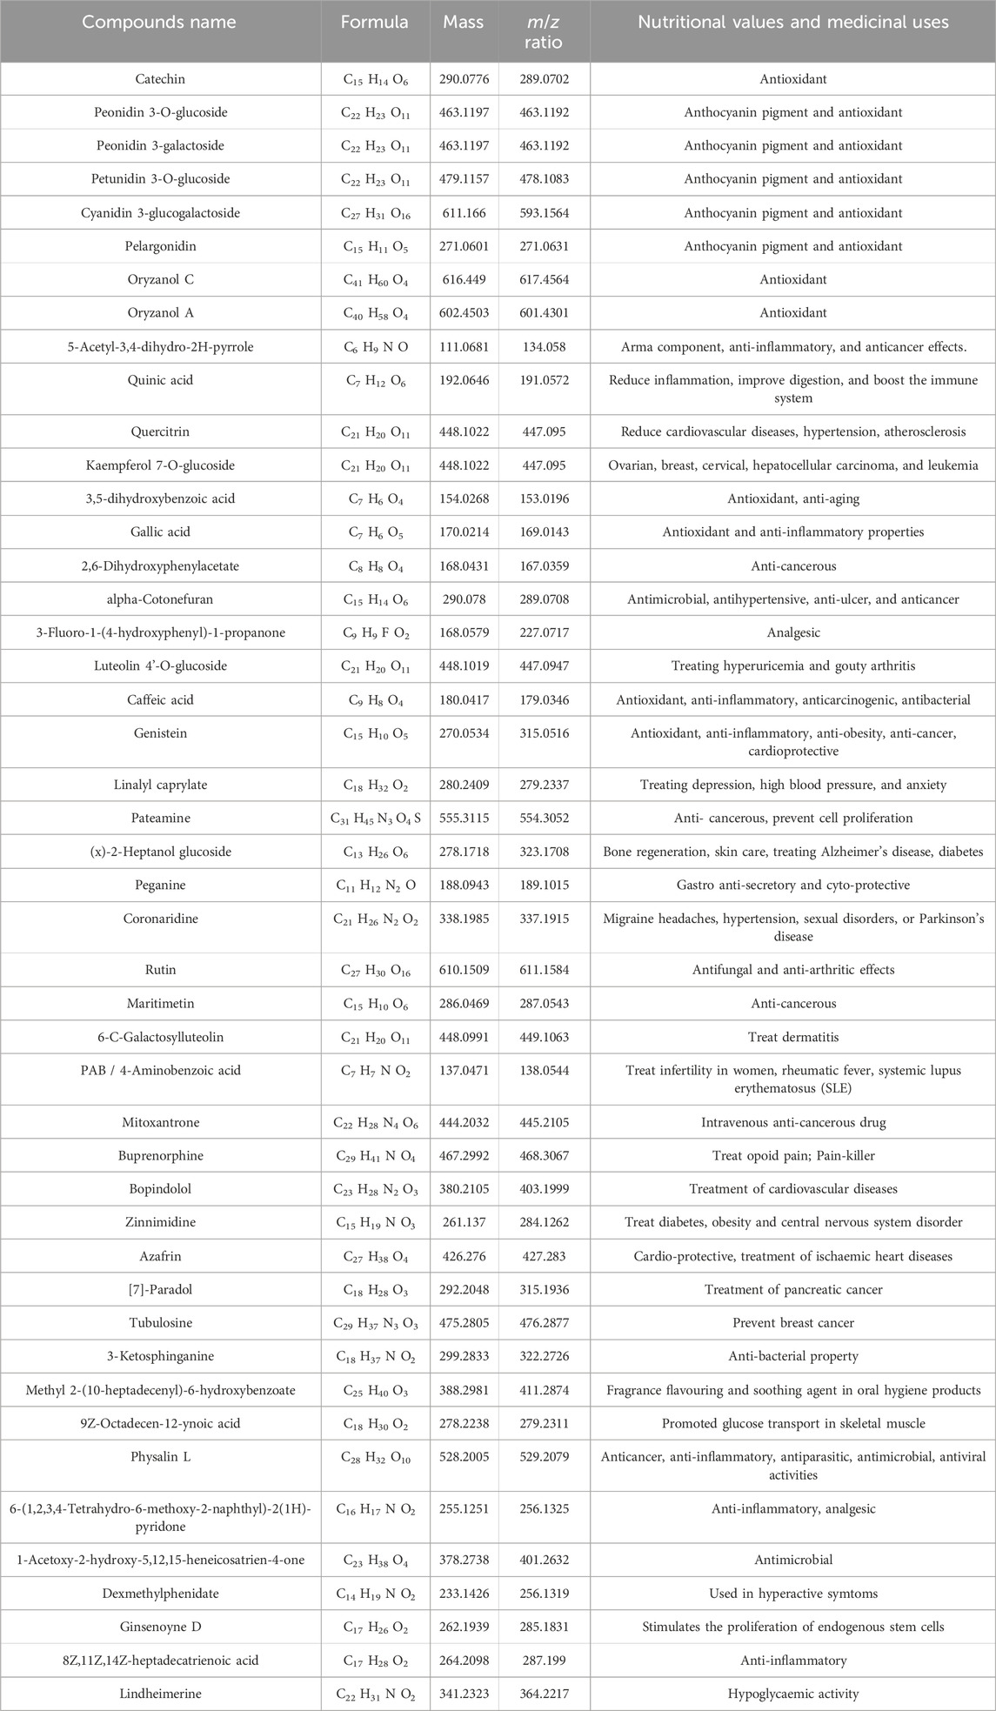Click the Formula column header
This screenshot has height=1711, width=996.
[x=375, y=23]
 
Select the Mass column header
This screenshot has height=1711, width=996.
[x=463, y=23]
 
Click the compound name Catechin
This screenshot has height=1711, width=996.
[x=160, y=79]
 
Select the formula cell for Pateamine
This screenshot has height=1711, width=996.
[x=375, y=819]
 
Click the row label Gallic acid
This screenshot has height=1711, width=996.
[x=160, y=531]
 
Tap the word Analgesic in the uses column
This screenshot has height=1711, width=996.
[x=792, y=633]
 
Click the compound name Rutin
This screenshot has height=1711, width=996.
[x=160, y=969]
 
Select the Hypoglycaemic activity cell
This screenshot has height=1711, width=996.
[x=792, y=1694]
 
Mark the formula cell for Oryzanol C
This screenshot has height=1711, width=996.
[x=375, y=280]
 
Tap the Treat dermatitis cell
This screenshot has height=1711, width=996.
[x=792, y=1037]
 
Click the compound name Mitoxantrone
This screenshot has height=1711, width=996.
[x=160, y=1122]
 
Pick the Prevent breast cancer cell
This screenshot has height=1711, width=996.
[x=792, y=1323]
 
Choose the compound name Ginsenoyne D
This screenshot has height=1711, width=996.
[x=160, y=1627]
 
